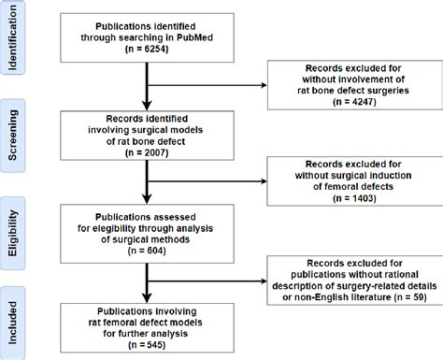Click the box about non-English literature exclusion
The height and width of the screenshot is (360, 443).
[x=352, y=281]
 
